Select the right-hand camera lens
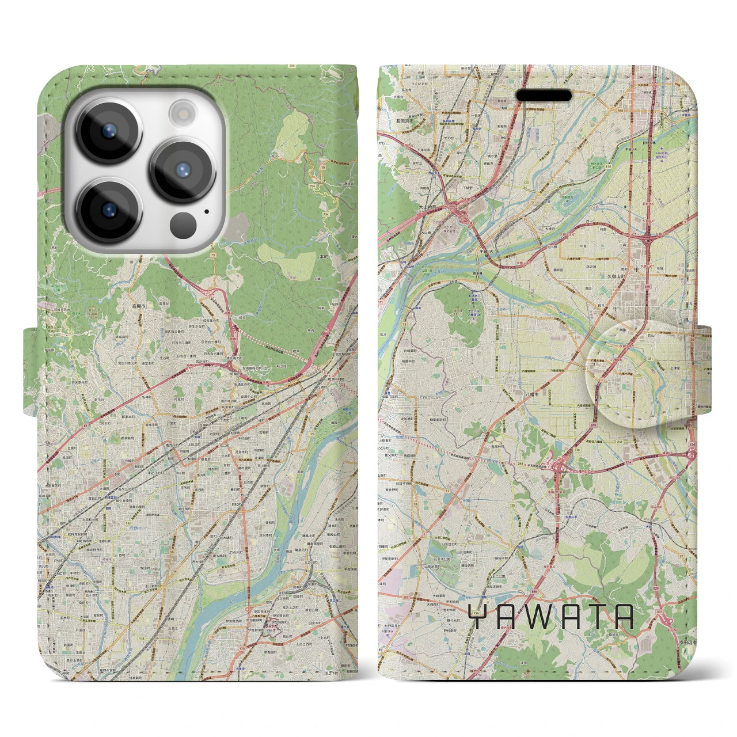click(183, 169)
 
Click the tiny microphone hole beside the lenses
click(206, 211)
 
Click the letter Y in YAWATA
click(478, 617)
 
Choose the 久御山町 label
click(629, 276)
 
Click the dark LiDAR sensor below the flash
click(183, 222)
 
